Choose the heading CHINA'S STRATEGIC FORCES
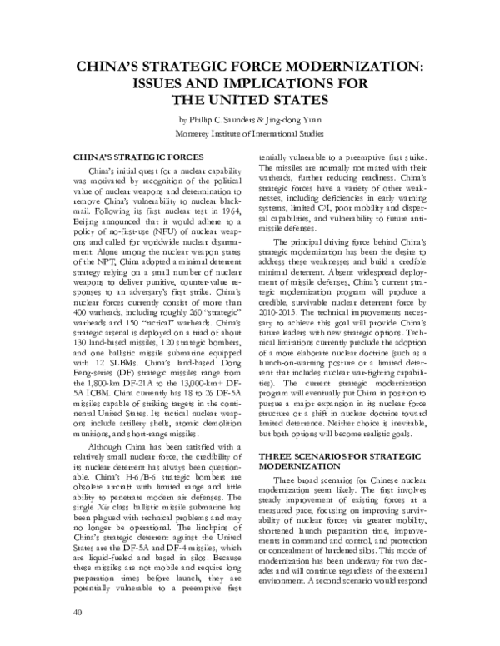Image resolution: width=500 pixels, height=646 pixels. pos(139,157)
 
